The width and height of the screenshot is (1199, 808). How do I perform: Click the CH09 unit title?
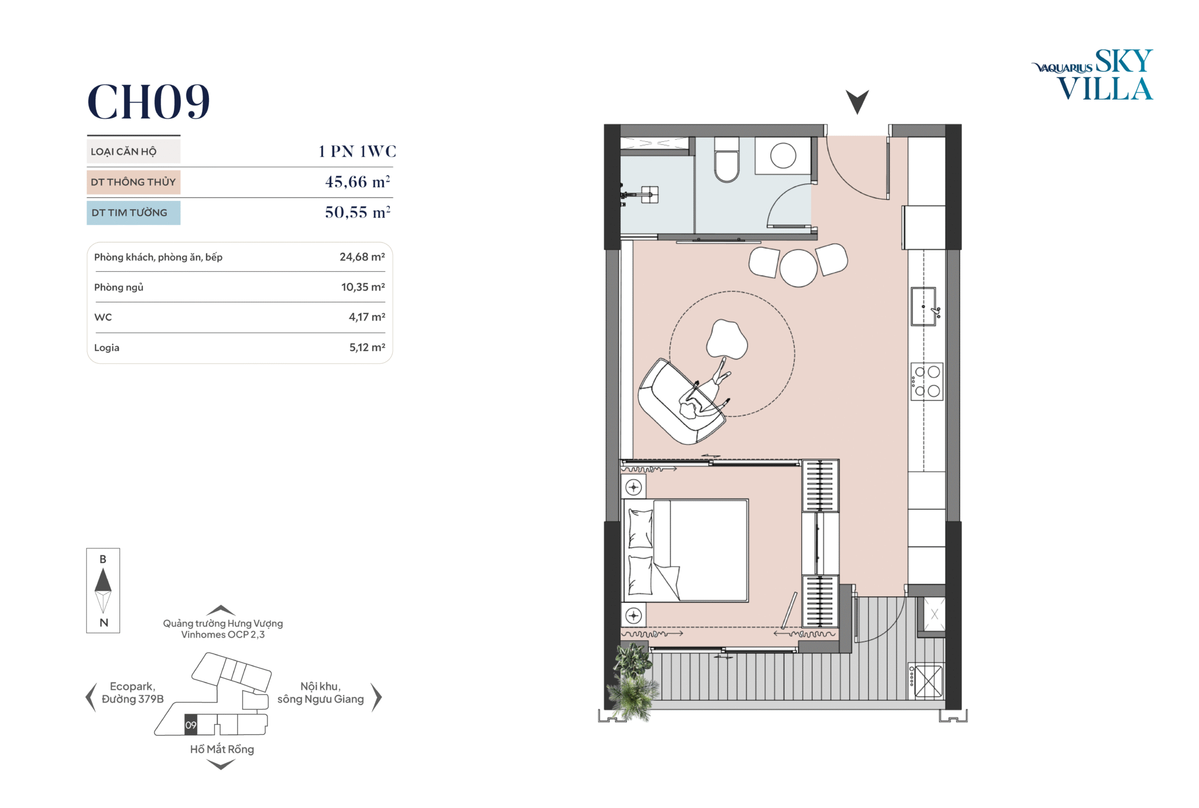(149, 101)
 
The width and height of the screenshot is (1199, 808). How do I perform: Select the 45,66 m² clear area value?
(358, 182)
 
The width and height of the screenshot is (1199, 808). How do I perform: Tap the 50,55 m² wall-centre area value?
(358, 212)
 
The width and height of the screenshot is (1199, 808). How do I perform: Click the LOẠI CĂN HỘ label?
(124, 152)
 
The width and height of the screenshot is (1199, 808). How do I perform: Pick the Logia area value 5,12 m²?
(367, 347)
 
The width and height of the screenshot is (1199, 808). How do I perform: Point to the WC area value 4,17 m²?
(367, 317)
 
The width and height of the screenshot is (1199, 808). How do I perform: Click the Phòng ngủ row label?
(119, 287)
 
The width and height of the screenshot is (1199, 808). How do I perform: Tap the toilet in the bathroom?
(727, 160)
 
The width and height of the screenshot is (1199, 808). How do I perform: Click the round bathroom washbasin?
(783, 156)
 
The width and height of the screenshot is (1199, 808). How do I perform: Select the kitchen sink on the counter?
(924, 306)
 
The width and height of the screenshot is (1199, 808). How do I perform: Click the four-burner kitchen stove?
(927, 381)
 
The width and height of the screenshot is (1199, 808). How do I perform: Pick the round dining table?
(798, 268)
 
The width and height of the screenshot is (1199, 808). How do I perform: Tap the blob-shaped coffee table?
(727, 340)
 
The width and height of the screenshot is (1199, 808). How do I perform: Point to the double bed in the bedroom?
(686, 550)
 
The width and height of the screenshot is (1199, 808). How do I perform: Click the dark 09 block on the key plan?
(191, 725)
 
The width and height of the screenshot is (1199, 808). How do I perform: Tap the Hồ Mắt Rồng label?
(222, 749)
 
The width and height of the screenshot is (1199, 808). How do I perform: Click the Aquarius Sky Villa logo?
(1092, 75)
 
